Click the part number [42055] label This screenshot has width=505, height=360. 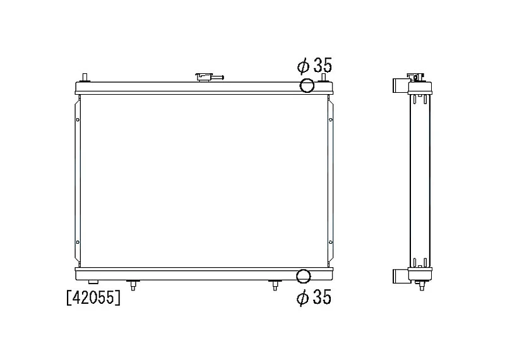93,297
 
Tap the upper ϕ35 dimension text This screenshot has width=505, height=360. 314,66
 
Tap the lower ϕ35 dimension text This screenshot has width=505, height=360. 314,297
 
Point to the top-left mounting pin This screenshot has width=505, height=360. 85,78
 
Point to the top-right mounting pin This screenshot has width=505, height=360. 323,78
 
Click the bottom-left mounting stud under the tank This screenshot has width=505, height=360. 133,285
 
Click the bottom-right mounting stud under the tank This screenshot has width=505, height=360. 275,285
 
